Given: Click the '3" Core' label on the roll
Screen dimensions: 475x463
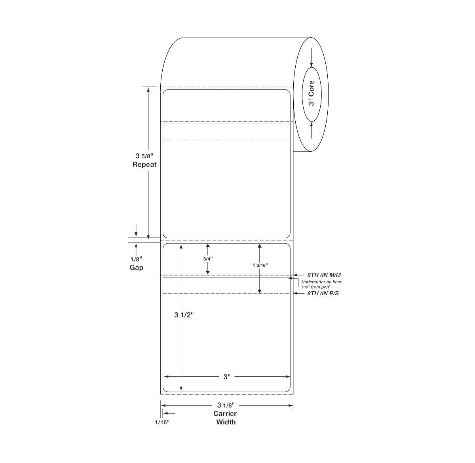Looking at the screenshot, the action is tap(311, 93).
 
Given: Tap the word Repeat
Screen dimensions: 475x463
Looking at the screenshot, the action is tap(144, 165).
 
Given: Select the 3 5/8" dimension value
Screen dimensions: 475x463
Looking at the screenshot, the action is tap(144, 156).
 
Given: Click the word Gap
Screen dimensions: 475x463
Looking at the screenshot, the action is tap(136, 268).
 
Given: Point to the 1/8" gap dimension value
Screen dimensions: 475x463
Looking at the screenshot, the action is tap(136, 259).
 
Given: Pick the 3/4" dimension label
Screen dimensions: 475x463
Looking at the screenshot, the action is tap(208, 259).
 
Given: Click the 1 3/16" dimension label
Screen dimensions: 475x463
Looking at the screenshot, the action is tap(260, 265).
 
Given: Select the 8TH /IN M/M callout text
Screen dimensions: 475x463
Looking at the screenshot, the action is tap(324, 275).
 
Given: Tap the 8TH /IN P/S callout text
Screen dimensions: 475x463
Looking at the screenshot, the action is tap(323, 293).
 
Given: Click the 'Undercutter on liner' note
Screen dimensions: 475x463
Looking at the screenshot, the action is tap(321, 282).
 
